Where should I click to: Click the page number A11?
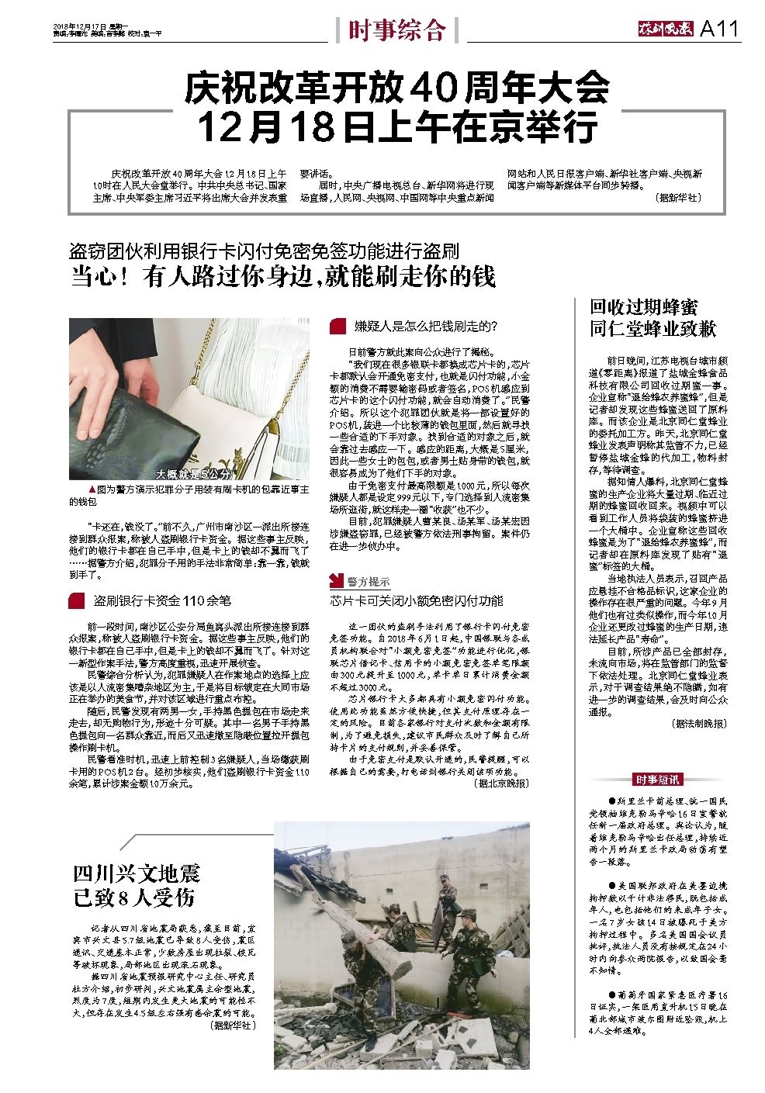pyautogui.click(x=720, y=29)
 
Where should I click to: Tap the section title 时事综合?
pyautogui.click(x=396, y=30)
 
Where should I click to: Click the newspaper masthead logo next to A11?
pyautogui.click(x=662, y=29)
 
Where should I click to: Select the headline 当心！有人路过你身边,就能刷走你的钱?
pyautogui.click(x=283, y=276)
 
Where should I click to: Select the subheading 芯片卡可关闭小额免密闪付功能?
pyautogui.click(x=416, y=600)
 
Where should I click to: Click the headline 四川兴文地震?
pyautogui.click(x=137, y=874)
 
